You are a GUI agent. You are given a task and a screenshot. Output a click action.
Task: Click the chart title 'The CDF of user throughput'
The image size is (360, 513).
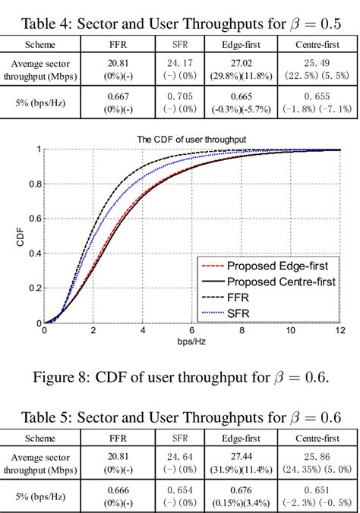(x=191, y=139)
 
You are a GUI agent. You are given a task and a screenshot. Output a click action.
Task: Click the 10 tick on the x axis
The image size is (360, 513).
(x=291, y=332)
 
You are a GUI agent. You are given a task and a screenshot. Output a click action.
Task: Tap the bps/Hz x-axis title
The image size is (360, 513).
(x=191, y=343)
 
